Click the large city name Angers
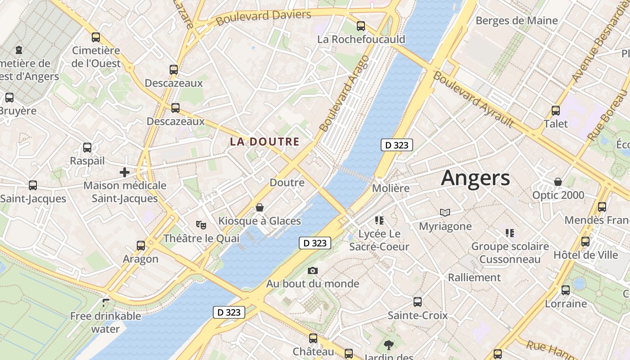coord(475,178)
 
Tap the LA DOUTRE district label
coord(265,142)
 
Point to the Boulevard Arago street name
coord(344,94)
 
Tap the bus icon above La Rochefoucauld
coord(360,26)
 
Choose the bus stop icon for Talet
coord(556,111)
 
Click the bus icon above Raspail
coord(87,148)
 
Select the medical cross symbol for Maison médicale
coord(125,172)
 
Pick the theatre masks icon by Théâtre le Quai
coord(201,224)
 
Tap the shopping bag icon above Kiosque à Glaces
coord(260,207)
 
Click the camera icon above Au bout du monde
coord(313,270)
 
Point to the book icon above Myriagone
coord(445,213)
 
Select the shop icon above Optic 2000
coord(558,182)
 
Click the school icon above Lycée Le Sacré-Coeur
coord(379,220)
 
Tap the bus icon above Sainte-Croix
coord(418,302)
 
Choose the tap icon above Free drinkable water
coord(106,303)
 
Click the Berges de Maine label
coord(516,21)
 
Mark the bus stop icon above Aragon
coord(141,246)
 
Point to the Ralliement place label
coord(474,277)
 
